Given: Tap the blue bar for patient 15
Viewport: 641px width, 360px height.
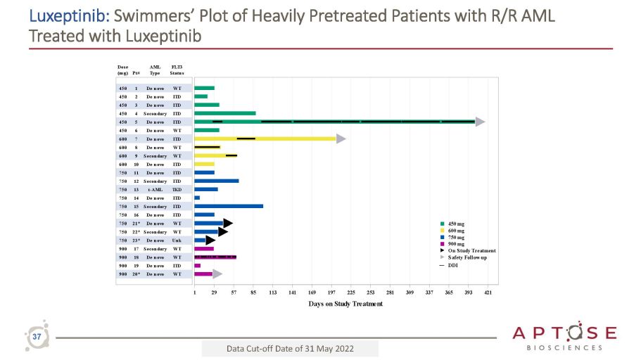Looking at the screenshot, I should (x=229, y=206).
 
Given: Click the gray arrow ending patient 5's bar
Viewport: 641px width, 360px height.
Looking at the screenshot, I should (x=480, y=122).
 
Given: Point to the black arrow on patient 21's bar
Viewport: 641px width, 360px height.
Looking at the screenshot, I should (x=228, y=223).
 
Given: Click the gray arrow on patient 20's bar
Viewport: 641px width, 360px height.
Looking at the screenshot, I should (x=217, y=274).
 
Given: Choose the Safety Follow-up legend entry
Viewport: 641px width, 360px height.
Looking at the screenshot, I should (x=467, y=257).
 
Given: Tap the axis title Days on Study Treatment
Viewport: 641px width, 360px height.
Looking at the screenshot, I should (x=345, y=304).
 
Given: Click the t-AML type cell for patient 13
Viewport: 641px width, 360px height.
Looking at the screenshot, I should (x=155, y=189).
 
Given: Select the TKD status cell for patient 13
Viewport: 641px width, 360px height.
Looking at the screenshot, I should (x=177, y=189).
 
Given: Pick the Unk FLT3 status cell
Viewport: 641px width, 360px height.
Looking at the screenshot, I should (x=177, y=240).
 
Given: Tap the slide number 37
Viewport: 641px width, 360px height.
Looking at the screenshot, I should (x=36, y=338).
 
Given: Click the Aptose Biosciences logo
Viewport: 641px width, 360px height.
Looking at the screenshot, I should (x=564, y=336).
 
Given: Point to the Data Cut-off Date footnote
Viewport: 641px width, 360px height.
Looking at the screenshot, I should (x=290, y=349).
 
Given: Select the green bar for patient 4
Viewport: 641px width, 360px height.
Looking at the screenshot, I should (x=225, y=113).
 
